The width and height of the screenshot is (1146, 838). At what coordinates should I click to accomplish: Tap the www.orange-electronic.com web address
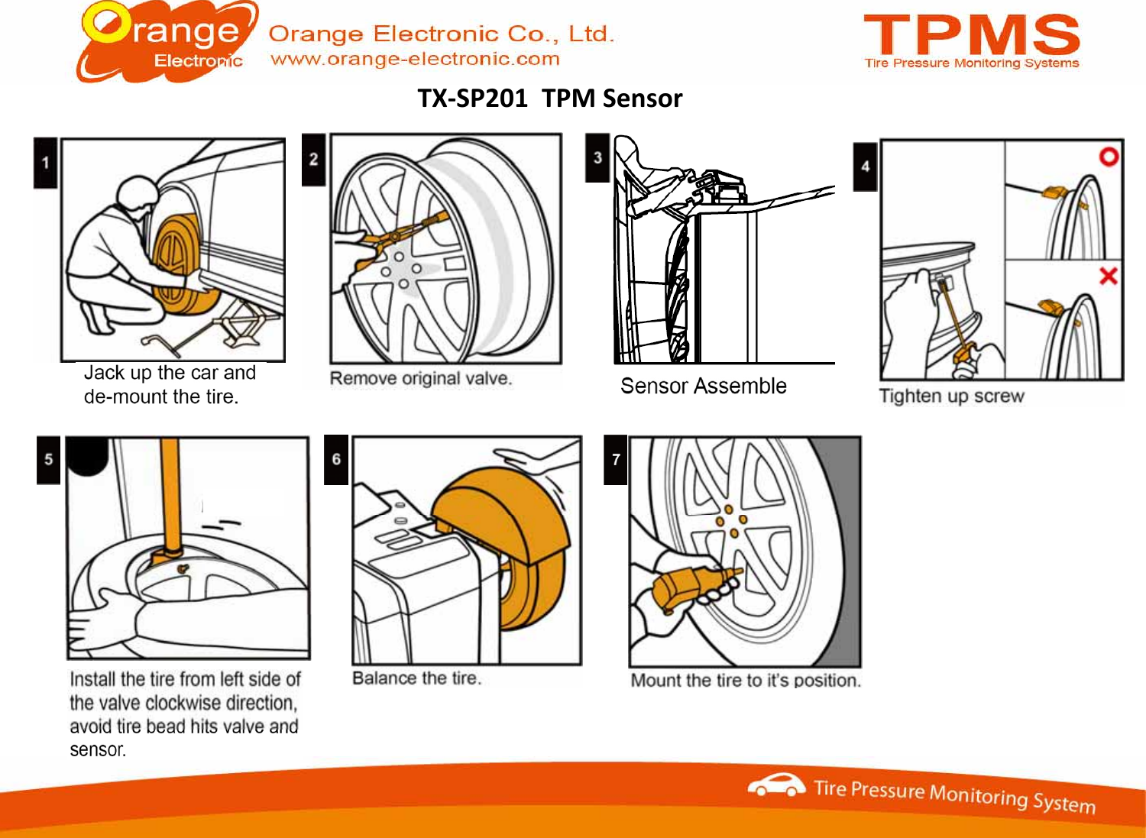tap(415, 59)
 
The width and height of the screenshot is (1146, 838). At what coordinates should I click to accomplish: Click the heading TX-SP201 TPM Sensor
tap(549, 99)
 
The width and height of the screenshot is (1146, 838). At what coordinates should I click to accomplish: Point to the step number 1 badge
tap(45, 163)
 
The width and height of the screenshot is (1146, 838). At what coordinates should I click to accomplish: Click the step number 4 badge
tap(865, 167)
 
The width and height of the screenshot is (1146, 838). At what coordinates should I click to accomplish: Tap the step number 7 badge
tap(616, 460)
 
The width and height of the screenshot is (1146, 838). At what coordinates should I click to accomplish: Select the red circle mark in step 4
tap(1109, 157)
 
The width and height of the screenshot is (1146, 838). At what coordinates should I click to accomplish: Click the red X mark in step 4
tap(1108, 276)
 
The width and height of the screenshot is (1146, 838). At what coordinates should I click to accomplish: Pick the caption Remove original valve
tap(420, 378)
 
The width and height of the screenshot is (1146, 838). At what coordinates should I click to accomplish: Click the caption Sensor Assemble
tap(703, 386)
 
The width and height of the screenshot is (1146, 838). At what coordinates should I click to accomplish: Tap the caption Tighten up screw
tap(951, 396)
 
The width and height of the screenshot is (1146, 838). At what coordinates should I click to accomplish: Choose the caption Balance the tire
tap(416, 678)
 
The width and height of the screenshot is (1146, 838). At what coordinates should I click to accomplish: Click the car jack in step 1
tap(241, 321)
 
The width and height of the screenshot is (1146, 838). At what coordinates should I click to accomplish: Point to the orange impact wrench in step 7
tap(688, 588)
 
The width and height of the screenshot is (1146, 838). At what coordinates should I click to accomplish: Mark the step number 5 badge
tap(48, 460)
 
